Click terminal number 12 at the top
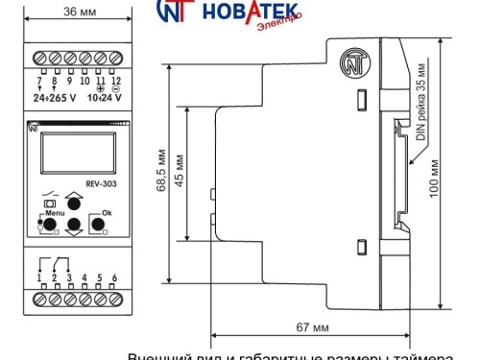click(x=115, y=81)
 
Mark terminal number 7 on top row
click(x=38, y=81)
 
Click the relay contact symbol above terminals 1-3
click(x=54, y=261)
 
